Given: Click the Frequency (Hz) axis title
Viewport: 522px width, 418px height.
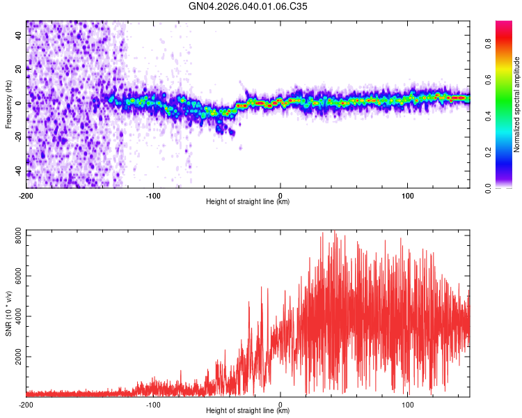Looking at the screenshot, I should coord(8,103).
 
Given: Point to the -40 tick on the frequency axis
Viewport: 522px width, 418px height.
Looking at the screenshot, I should coord(17,171).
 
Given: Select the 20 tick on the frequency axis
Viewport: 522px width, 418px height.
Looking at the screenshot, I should coord(19,69).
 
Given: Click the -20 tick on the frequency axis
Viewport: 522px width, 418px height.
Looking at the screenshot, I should coord(17,137).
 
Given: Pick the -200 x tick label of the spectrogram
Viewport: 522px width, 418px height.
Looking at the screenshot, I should coord(26,196).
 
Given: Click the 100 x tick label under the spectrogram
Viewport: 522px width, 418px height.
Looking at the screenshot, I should coord(407,196).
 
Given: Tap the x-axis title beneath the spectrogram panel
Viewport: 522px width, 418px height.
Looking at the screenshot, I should coord(248,202).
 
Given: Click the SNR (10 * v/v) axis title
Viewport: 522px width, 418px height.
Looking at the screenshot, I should coord(8,312).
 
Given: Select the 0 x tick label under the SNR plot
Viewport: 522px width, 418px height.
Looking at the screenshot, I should coord(280,405).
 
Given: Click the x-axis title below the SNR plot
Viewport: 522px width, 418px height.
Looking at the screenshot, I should coord(248,411).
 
